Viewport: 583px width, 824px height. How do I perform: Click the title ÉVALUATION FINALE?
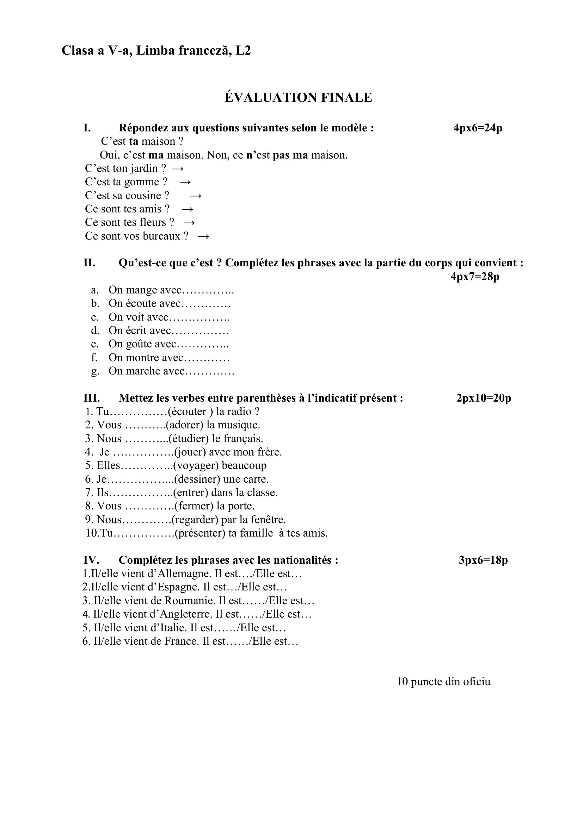pos(298,98)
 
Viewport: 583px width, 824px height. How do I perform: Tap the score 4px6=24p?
pos(478,128)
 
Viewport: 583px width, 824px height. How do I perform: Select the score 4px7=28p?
pos(474,276)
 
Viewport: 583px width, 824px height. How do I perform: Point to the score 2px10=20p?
pos(484,398)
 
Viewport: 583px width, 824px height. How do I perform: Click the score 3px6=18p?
pos(483,560)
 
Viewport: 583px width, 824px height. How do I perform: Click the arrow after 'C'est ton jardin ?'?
pos(178,169)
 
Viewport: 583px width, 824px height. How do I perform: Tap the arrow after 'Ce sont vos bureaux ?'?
pos(203,236)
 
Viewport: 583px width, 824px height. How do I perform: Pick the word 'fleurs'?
pos(154,223)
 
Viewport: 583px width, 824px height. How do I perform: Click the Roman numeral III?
pos(92,398)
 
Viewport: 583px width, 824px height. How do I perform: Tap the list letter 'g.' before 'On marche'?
pos(95,371)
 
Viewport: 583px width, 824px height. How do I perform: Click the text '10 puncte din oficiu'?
pos(443,682)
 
